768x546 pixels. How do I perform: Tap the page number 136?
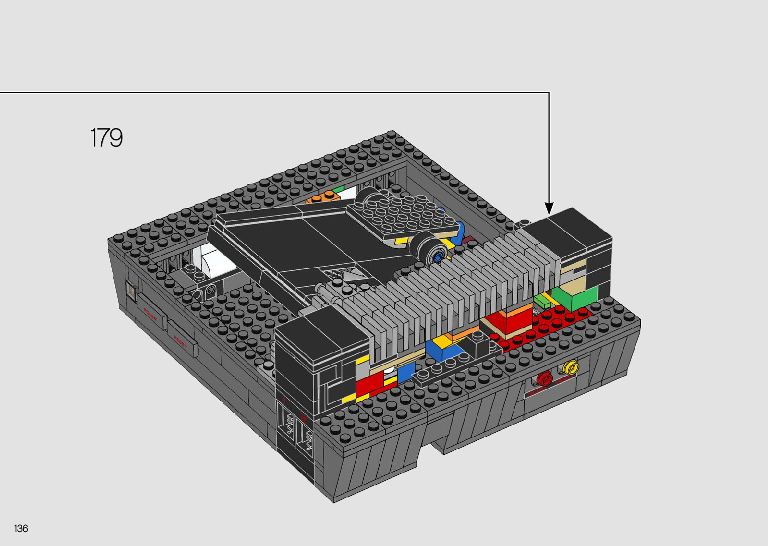pos(21,528)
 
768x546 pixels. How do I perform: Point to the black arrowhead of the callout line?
pos(549,208)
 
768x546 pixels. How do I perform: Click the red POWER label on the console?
pos(150,314)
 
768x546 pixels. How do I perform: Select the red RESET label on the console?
pos(180,341)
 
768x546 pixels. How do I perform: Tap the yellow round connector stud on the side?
pos(569,368)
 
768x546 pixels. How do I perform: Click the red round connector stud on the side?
pos(544,379)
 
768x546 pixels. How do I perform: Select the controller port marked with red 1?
pos(285,420)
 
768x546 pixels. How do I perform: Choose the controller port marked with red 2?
pos(304,432)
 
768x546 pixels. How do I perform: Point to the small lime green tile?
pos(541,301)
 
